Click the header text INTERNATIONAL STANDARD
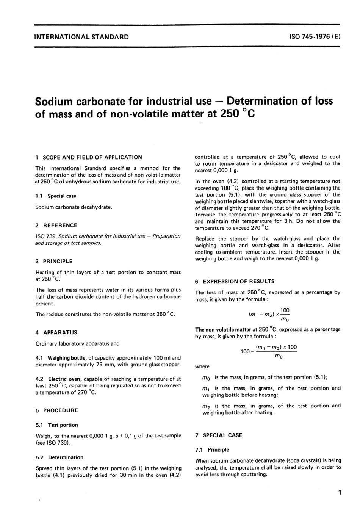tap(81, 37)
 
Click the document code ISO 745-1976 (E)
tap(315, 37)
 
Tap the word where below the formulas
tap(202, 367)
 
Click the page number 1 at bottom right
tap(340, 493)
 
